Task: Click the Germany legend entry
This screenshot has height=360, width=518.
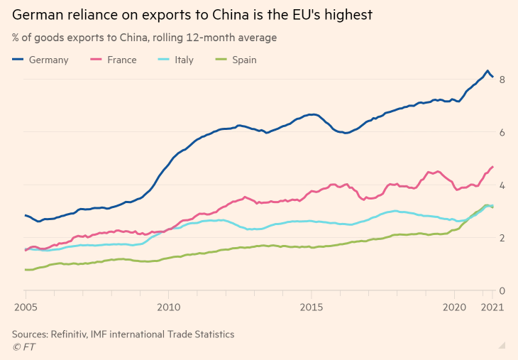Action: click(41, 60)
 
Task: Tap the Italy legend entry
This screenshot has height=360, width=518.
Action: click(177, 60)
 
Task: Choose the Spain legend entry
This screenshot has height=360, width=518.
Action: click(237, 60)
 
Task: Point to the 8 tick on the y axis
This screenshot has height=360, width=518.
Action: click(502, 80)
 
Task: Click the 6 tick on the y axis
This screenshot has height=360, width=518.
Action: click(502, 132)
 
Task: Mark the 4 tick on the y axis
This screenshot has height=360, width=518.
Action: click(502, 185)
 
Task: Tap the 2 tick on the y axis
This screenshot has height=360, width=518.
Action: click(502, 238)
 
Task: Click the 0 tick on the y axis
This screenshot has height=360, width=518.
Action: click(502, 290)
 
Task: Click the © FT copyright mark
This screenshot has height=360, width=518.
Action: click(23, 347)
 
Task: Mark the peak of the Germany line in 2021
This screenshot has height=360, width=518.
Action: click(487, 71)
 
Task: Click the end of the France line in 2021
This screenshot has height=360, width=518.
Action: click(492, 167)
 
